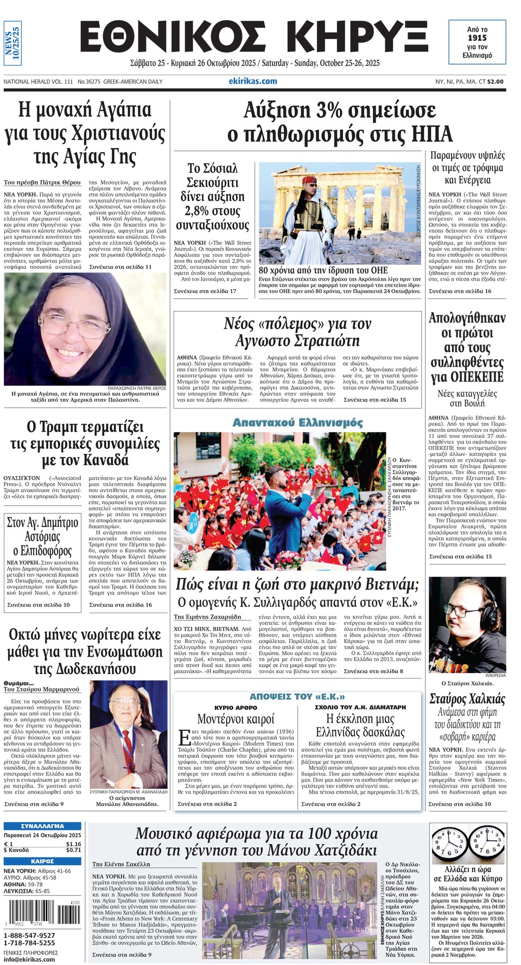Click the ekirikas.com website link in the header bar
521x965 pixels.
point(253,81)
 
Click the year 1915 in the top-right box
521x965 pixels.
point(477,38)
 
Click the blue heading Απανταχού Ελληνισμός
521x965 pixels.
point(297,422)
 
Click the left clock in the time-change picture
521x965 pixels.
point(449,842)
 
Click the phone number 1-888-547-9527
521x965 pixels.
point(29,935)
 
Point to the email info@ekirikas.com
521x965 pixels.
point(29,959)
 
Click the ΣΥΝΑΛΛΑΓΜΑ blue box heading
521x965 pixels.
point(42,826)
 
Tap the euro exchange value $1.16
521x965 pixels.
point(73,844)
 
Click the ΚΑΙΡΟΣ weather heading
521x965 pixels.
point(42,861)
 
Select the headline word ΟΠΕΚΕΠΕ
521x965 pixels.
point(467,377)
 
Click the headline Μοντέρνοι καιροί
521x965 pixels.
point(236,719)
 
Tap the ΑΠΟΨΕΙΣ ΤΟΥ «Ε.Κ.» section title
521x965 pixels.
point(297,696)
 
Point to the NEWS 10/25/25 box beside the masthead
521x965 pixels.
point(12,43)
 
